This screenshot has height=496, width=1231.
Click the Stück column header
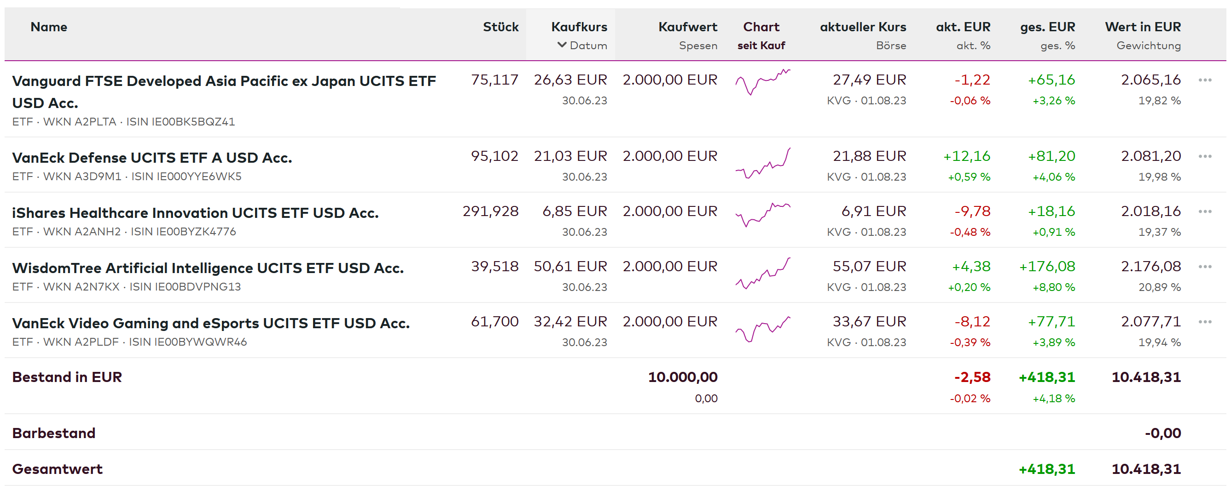click(x=500, y=27)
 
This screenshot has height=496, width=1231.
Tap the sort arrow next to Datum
click(x=562, y=45)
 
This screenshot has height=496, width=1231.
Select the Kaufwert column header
click(x=687, y=27)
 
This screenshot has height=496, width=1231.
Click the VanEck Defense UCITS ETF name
click(x=152, y=158)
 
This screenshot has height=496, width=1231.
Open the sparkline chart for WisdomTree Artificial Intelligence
click(x=762, y=274)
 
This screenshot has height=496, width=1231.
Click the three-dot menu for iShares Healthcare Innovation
click(x=1204, y=211)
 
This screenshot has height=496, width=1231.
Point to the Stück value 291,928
click(x=490, y=211)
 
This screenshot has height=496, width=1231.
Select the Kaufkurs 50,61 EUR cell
click(x=570, y=266)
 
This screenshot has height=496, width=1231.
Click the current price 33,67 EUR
click(x=869, y=322)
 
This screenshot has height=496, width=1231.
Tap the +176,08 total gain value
click(x=1046, y=266)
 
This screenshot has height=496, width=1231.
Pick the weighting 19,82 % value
click(x=1159, y=101)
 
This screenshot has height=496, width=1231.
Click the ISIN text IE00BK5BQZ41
click(x=193, y=122)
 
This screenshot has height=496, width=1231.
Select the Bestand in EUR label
click(x=67, y=377)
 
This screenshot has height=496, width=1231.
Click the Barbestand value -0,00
click(x=1162, y=433)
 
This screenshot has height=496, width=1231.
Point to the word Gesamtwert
click(x=58, y=469)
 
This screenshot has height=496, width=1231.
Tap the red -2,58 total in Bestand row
click(x=972, y=377)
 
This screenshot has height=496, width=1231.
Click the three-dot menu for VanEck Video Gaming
click(x=1204, y=322)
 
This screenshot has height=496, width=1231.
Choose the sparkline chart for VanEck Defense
click(x=762, y=164)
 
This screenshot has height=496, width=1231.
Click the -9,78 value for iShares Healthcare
click(x=972, y=211)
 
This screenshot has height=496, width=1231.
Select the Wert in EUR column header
click(x=1142, y=27)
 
